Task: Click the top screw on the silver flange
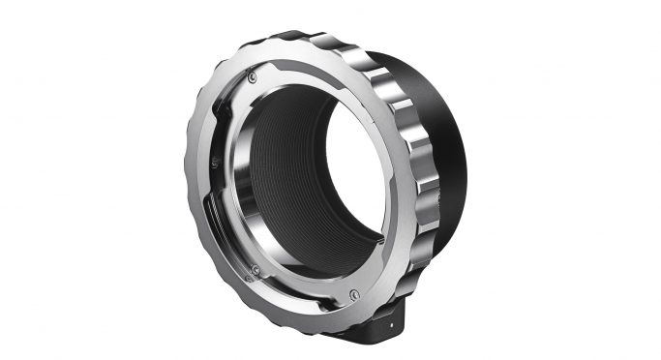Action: (x=252, y=76)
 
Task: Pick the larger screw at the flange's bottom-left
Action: (x=255, y=268)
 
